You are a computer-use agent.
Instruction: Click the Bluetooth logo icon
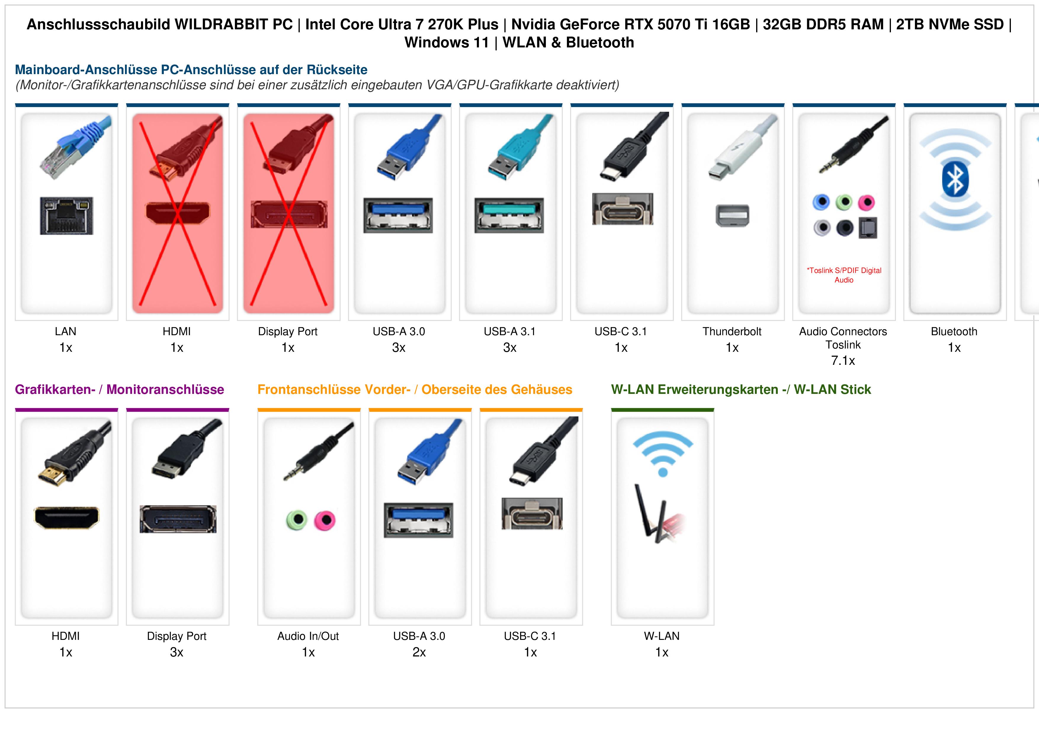955,179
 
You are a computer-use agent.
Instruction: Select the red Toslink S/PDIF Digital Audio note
844,275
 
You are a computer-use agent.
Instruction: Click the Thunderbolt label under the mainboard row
732,332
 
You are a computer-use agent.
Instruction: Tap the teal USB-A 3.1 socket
509,215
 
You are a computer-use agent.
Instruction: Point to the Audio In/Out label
308,636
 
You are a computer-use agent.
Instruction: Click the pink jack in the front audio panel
325,520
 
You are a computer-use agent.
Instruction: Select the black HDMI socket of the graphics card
67,518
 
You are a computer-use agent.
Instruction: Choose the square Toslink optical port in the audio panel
868,228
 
